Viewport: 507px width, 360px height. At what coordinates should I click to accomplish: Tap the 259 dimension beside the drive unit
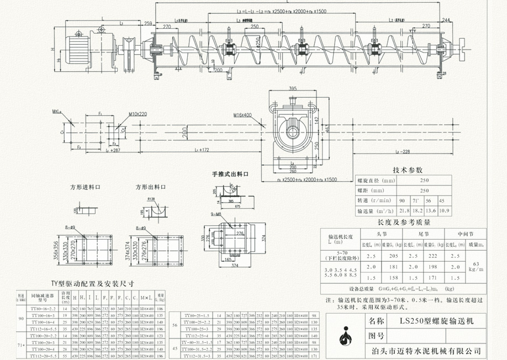click(x=148, y=23)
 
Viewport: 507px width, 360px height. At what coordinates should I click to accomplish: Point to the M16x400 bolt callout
click(x=242, y=115)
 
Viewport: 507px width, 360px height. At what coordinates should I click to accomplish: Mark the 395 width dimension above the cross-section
click(x=293, y=88)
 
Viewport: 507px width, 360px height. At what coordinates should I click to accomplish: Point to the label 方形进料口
click(x=86, y=187)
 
